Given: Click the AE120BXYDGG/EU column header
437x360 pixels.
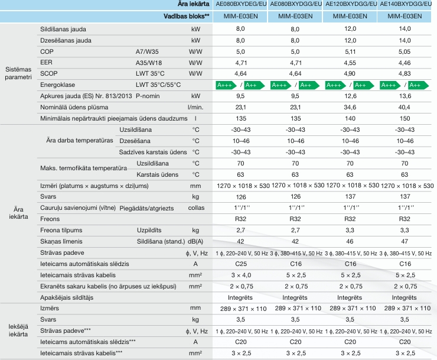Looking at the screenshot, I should coord(350,5).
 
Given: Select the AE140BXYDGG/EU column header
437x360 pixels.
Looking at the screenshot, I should coord(405,5).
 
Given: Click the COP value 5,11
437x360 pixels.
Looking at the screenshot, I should coord(350,51).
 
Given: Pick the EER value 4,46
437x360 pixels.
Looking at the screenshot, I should coord(405,62).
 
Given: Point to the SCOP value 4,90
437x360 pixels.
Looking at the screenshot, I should coord(350,73).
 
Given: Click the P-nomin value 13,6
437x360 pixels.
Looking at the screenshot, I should coord(405,96).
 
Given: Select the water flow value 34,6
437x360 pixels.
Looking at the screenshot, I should coord(350,107).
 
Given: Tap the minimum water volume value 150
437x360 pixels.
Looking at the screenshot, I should coord(405,118).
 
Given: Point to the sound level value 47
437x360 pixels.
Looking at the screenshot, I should coord(405,241).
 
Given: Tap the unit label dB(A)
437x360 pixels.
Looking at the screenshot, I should coord(196,241).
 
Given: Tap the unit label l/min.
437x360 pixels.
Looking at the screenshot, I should coord(194,107).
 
